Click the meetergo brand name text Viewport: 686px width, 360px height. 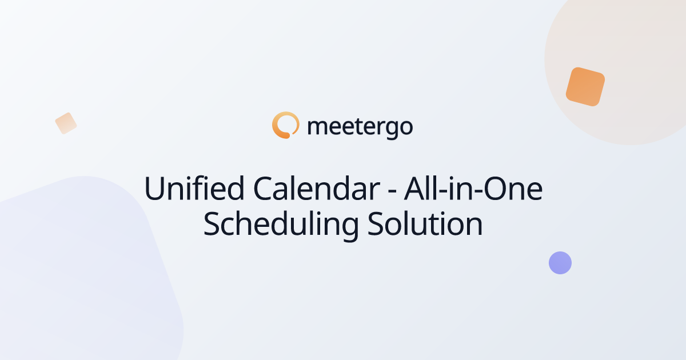tap(360, 127)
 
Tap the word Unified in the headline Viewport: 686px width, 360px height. tap(194, 188)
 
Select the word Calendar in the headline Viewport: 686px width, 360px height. tap(317, 188)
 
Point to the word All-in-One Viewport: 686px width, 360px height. tap(473, 188)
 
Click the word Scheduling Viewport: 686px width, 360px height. tap(281, 225)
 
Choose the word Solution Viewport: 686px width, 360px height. tap(425, 224)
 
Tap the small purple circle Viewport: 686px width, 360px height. tap(560, 263)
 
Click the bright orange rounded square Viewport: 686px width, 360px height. tap(585, 87)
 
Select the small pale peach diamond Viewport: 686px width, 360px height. tap(66, 123)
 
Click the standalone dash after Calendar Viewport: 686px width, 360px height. tap(392, 191)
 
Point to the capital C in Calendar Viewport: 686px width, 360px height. tap(264, 189)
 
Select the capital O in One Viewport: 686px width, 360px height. tap(496, 189)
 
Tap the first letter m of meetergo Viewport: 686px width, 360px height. tap(320, 127)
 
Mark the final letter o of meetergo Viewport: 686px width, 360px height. tap(406, 127)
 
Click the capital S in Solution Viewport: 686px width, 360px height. tap(376, 224)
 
